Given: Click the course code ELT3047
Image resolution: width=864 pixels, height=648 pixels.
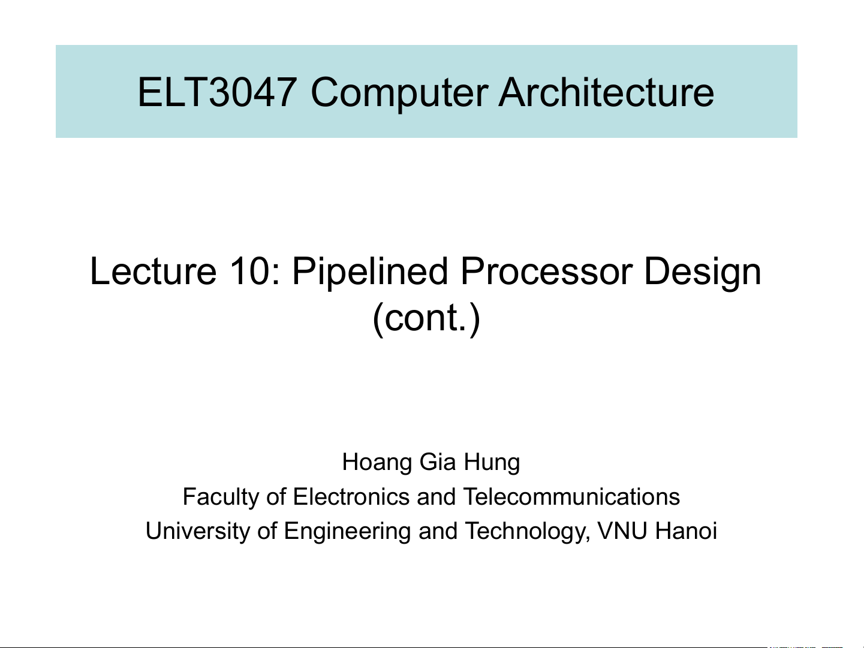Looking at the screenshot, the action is point(217,92).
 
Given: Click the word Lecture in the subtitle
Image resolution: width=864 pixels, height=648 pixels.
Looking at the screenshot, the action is point(153,271).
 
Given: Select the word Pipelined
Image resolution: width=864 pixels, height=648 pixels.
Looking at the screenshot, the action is point(370,273).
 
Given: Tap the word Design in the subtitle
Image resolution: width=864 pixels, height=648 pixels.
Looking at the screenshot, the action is point(703,273).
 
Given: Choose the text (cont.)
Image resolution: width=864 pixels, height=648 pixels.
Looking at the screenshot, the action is point(426,318).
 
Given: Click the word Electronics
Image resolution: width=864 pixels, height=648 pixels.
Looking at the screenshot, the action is point(351,496).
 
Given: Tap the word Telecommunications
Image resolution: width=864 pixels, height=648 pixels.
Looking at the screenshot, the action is point(571,496).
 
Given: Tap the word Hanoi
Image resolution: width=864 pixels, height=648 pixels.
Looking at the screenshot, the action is point(686,531).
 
